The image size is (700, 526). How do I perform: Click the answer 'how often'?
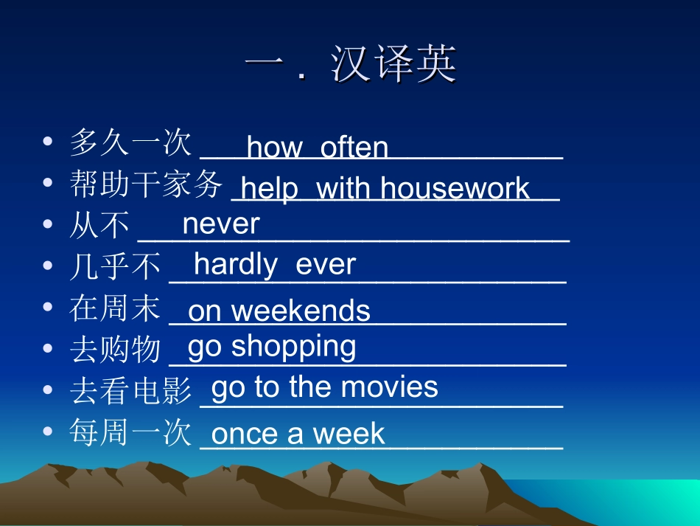pyautogui.click(x=318, y=148)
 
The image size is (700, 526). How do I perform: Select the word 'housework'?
pyautogui.click(x=455, y=188)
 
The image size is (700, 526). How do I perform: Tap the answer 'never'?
pyautogui.click(x=221, y=224)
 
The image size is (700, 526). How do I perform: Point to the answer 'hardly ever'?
pyautogui.click(x=275, y=264)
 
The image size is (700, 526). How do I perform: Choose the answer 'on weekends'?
pyautogui.click(x=279, y=311)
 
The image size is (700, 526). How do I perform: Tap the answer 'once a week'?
pyautogui.click(x=298, y=433)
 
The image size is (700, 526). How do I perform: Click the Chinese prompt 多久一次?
pyautogui.click(x=131, y=142)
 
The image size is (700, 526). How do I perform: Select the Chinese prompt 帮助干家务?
pyautogui.click(x=146, y=184)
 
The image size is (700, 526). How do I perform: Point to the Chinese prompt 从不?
pyautogui.click(x=99, y=225)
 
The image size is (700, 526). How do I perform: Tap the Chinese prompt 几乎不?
pyautogui.click(x=115, y=266)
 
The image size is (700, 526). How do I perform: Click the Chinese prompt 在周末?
pyautogui.click(x=115, y=308)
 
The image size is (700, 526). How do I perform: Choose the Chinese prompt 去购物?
pyautogui.click(x=115, y=349)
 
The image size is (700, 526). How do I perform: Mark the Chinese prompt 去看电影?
pyautogui.click(x=131, y=390)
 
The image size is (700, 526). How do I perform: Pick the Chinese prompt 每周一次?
pyautogui.click(x=131, y=432)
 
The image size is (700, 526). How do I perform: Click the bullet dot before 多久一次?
pyautogui.click(x=48, y=140)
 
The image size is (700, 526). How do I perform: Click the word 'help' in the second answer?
pyautogui.click(x=270, y=188)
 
